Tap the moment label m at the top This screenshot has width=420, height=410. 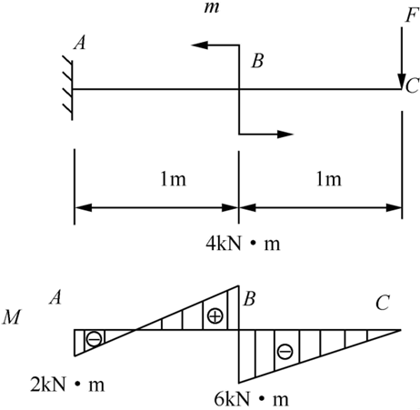tap(211, 7)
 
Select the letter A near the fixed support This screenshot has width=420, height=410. tap(80, 42)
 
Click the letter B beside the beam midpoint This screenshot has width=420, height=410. tap(257, 61)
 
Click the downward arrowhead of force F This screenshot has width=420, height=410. tap(402, 81)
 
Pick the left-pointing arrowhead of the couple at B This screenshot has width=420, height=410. tap(199, 45)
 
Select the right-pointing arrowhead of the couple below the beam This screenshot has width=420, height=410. tap(285, 134)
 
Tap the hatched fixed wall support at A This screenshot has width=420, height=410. tap(68, 88)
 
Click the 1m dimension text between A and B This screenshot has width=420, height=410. tap(173, 179)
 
